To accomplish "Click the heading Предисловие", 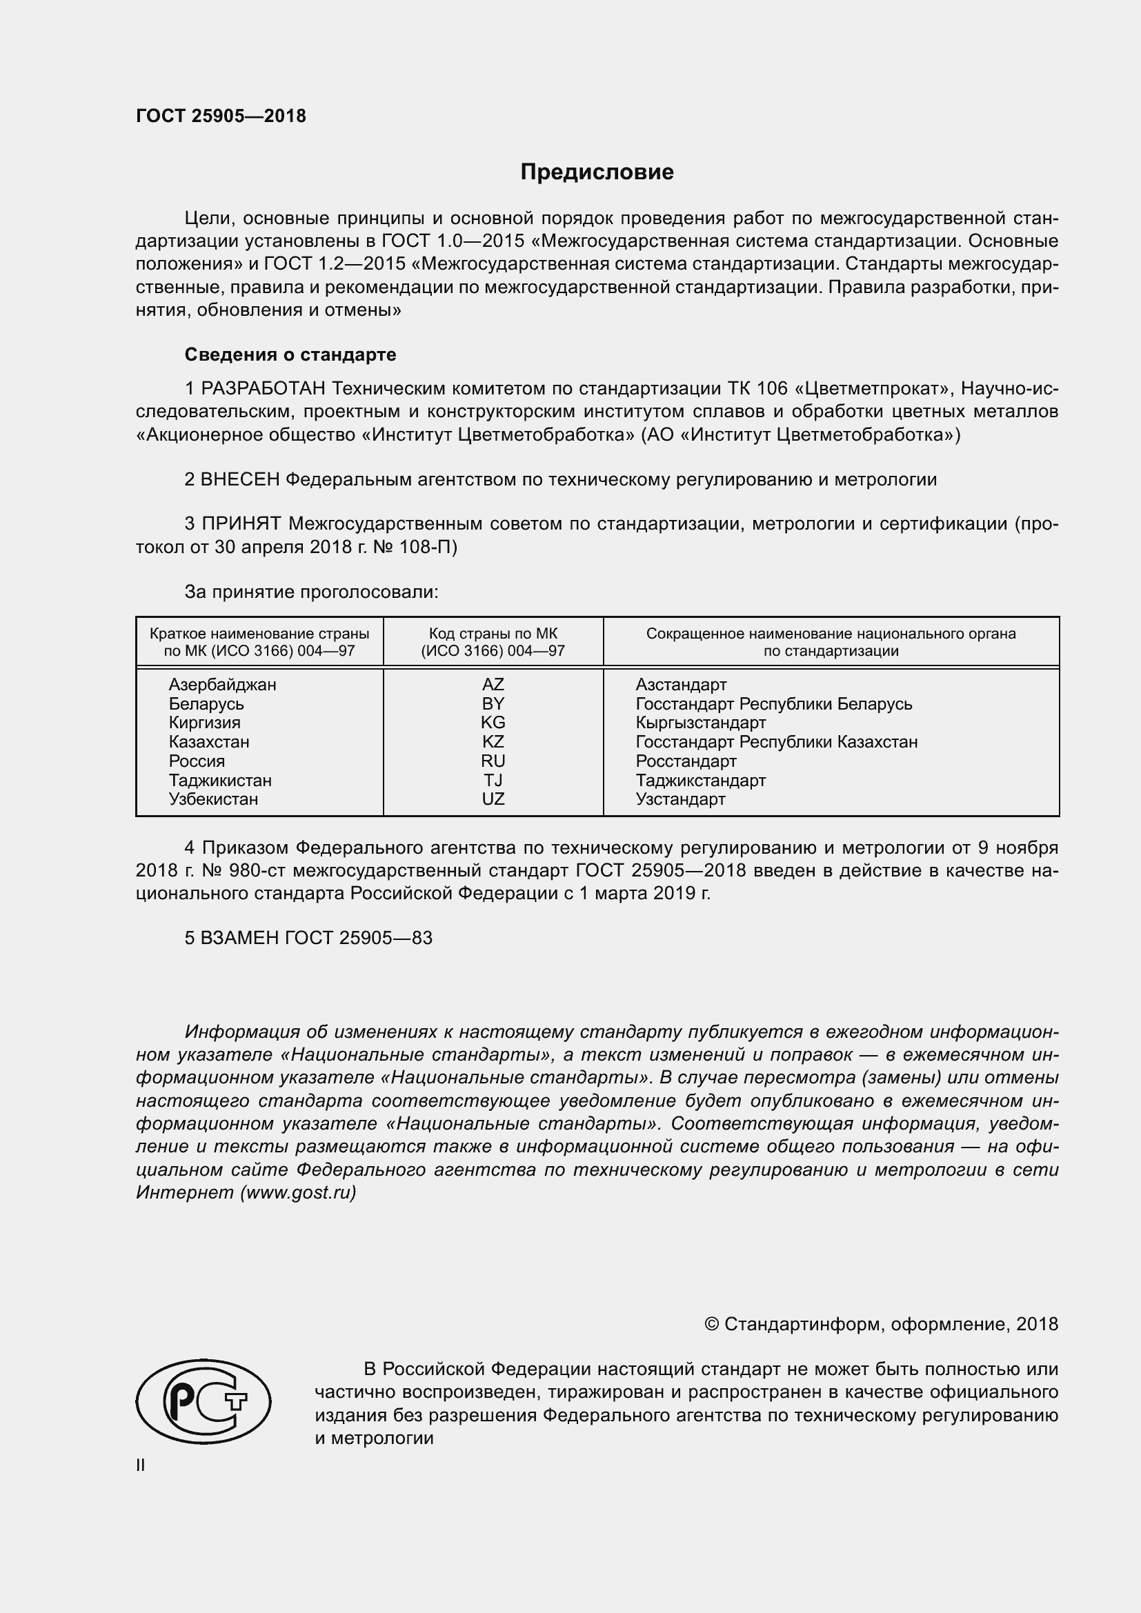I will [x=597, y=172].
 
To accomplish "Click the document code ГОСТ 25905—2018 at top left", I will [x=221, y=117].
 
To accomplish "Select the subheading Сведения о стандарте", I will [x=290, y=354].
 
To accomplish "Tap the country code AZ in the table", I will [x=493, y=684].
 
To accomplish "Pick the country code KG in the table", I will [x=493, y=722].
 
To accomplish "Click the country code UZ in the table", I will [x=493, y=799].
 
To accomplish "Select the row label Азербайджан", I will [x=222, y=684].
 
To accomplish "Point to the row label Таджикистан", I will [x=220, y=780].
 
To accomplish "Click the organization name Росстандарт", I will [x=686, y=761].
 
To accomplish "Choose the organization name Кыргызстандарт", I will [x=700, y=722].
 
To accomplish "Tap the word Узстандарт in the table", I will [x=680, y=799].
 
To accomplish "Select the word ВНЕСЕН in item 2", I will [x=239, y=480].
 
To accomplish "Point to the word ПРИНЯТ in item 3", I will [x=241, y=524].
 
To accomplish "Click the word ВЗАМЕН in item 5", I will [x=239, y=938].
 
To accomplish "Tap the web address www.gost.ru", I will [x=298, y=1192].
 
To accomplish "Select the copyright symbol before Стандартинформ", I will [x=711, y=1324].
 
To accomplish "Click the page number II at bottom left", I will [x=141, y=1465].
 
